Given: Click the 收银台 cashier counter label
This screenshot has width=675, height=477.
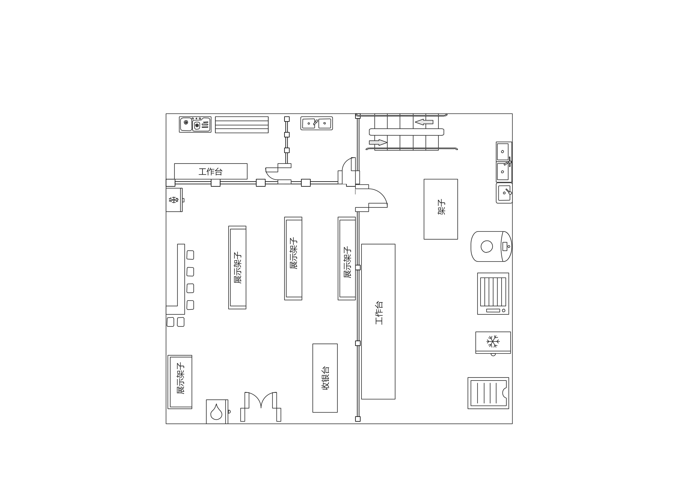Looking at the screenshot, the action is pos(326,378).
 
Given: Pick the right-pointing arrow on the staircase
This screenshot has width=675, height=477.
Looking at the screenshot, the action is pos(378,142).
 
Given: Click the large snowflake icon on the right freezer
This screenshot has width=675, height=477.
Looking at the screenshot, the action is pos(493,341).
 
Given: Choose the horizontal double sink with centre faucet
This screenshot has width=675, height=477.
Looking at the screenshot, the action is pos(317,123).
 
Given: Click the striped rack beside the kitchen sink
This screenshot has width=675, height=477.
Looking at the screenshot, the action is pos(242,125).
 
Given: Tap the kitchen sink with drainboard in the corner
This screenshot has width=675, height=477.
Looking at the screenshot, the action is pos(195,124).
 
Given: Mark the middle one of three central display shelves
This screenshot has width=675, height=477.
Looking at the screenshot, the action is pos(293,259).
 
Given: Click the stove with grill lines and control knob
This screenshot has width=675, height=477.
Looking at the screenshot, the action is pos(493,294).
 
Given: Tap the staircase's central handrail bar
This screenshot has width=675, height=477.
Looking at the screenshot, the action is pos(407,132).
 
